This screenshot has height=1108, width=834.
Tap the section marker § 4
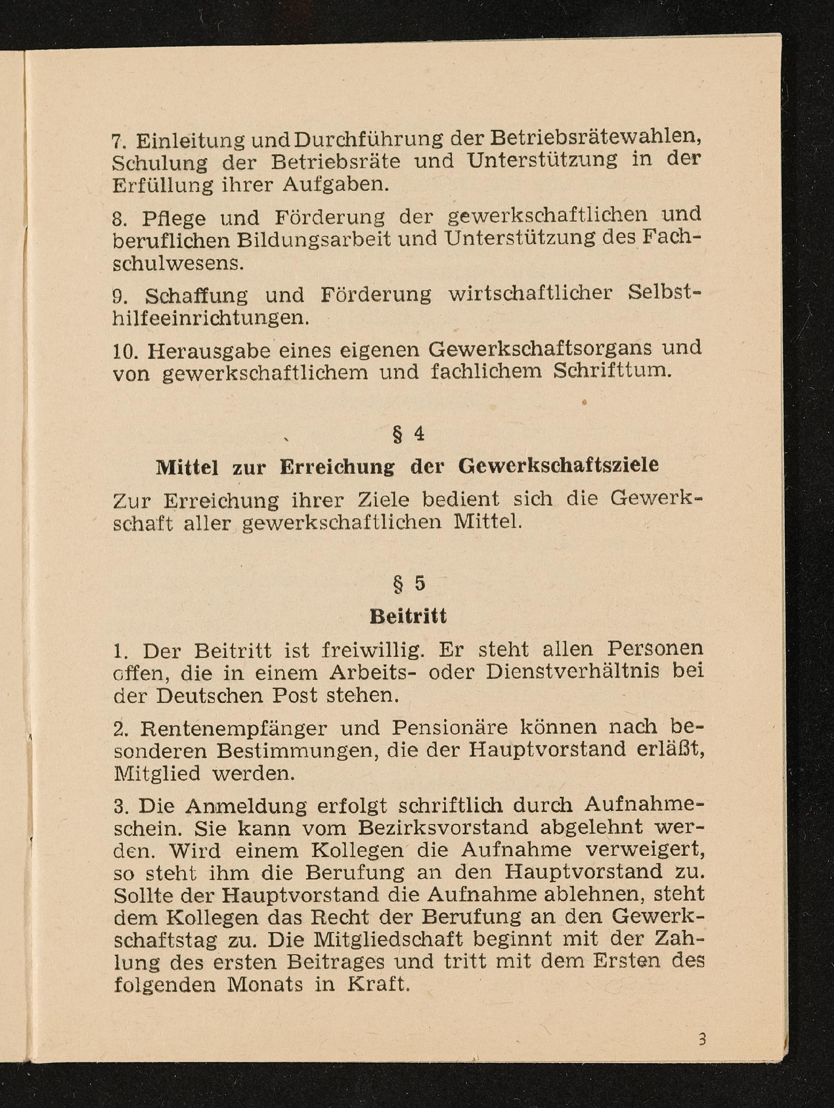409,434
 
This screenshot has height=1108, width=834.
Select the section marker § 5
409,584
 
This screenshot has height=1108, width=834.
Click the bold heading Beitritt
408,616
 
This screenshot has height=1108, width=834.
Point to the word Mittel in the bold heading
187,468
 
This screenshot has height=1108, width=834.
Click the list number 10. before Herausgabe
123,352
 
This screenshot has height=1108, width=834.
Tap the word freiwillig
373,650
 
